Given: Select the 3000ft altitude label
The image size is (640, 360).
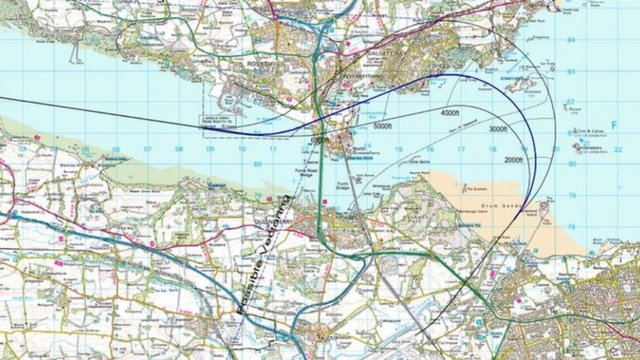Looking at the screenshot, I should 498,129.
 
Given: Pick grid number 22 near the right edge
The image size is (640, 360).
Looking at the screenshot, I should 618,150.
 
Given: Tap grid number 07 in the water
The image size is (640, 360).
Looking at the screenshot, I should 147,150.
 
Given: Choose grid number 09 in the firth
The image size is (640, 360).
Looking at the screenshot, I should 210,150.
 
